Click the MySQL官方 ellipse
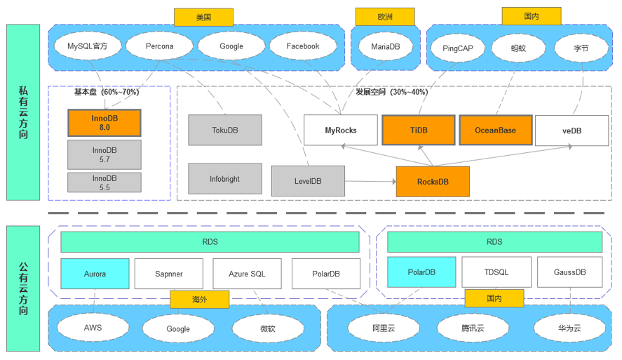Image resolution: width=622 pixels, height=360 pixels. [x=88, y=46]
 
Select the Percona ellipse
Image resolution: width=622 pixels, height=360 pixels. [x=159, y=46]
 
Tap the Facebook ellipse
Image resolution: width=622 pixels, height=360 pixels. [x=303, y=46]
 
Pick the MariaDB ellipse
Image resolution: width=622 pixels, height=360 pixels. [x=385, y=46]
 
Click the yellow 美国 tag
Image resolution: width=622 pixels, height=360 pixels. [x=203, y=17]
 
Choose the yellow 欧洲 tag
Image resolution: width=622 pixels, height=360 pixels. [x=385, y=17]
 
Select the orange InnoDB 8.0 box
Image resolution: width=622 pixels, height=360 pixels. [x=104, y=123]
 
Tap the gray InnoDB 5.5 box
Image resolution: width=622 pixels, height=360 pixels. [x=104, y=182]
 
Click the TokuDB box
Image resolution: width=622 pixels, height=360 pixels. [x=225, y=130]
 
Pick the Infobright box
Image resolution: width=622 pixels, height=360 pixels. [x=225, y=179]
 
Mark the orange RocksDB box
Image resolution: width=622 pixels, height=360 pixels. [x=433, y=181]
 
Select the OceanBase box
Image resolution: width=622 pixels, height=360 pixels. [x=495, y=130]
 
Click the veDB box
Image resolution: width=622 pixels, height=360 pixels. [x=572, y=131]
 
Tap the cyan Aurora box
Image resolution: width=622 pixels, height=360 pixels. [x=95, y=274]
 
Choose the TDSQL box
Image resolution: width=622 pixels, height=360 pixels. [x=496, y=272]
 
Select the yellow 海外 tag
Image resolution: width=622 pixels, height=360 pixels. [x=199, y=299]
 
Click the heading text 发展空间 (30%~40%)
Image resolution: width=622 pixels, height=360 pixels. [x=391, y=92]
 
